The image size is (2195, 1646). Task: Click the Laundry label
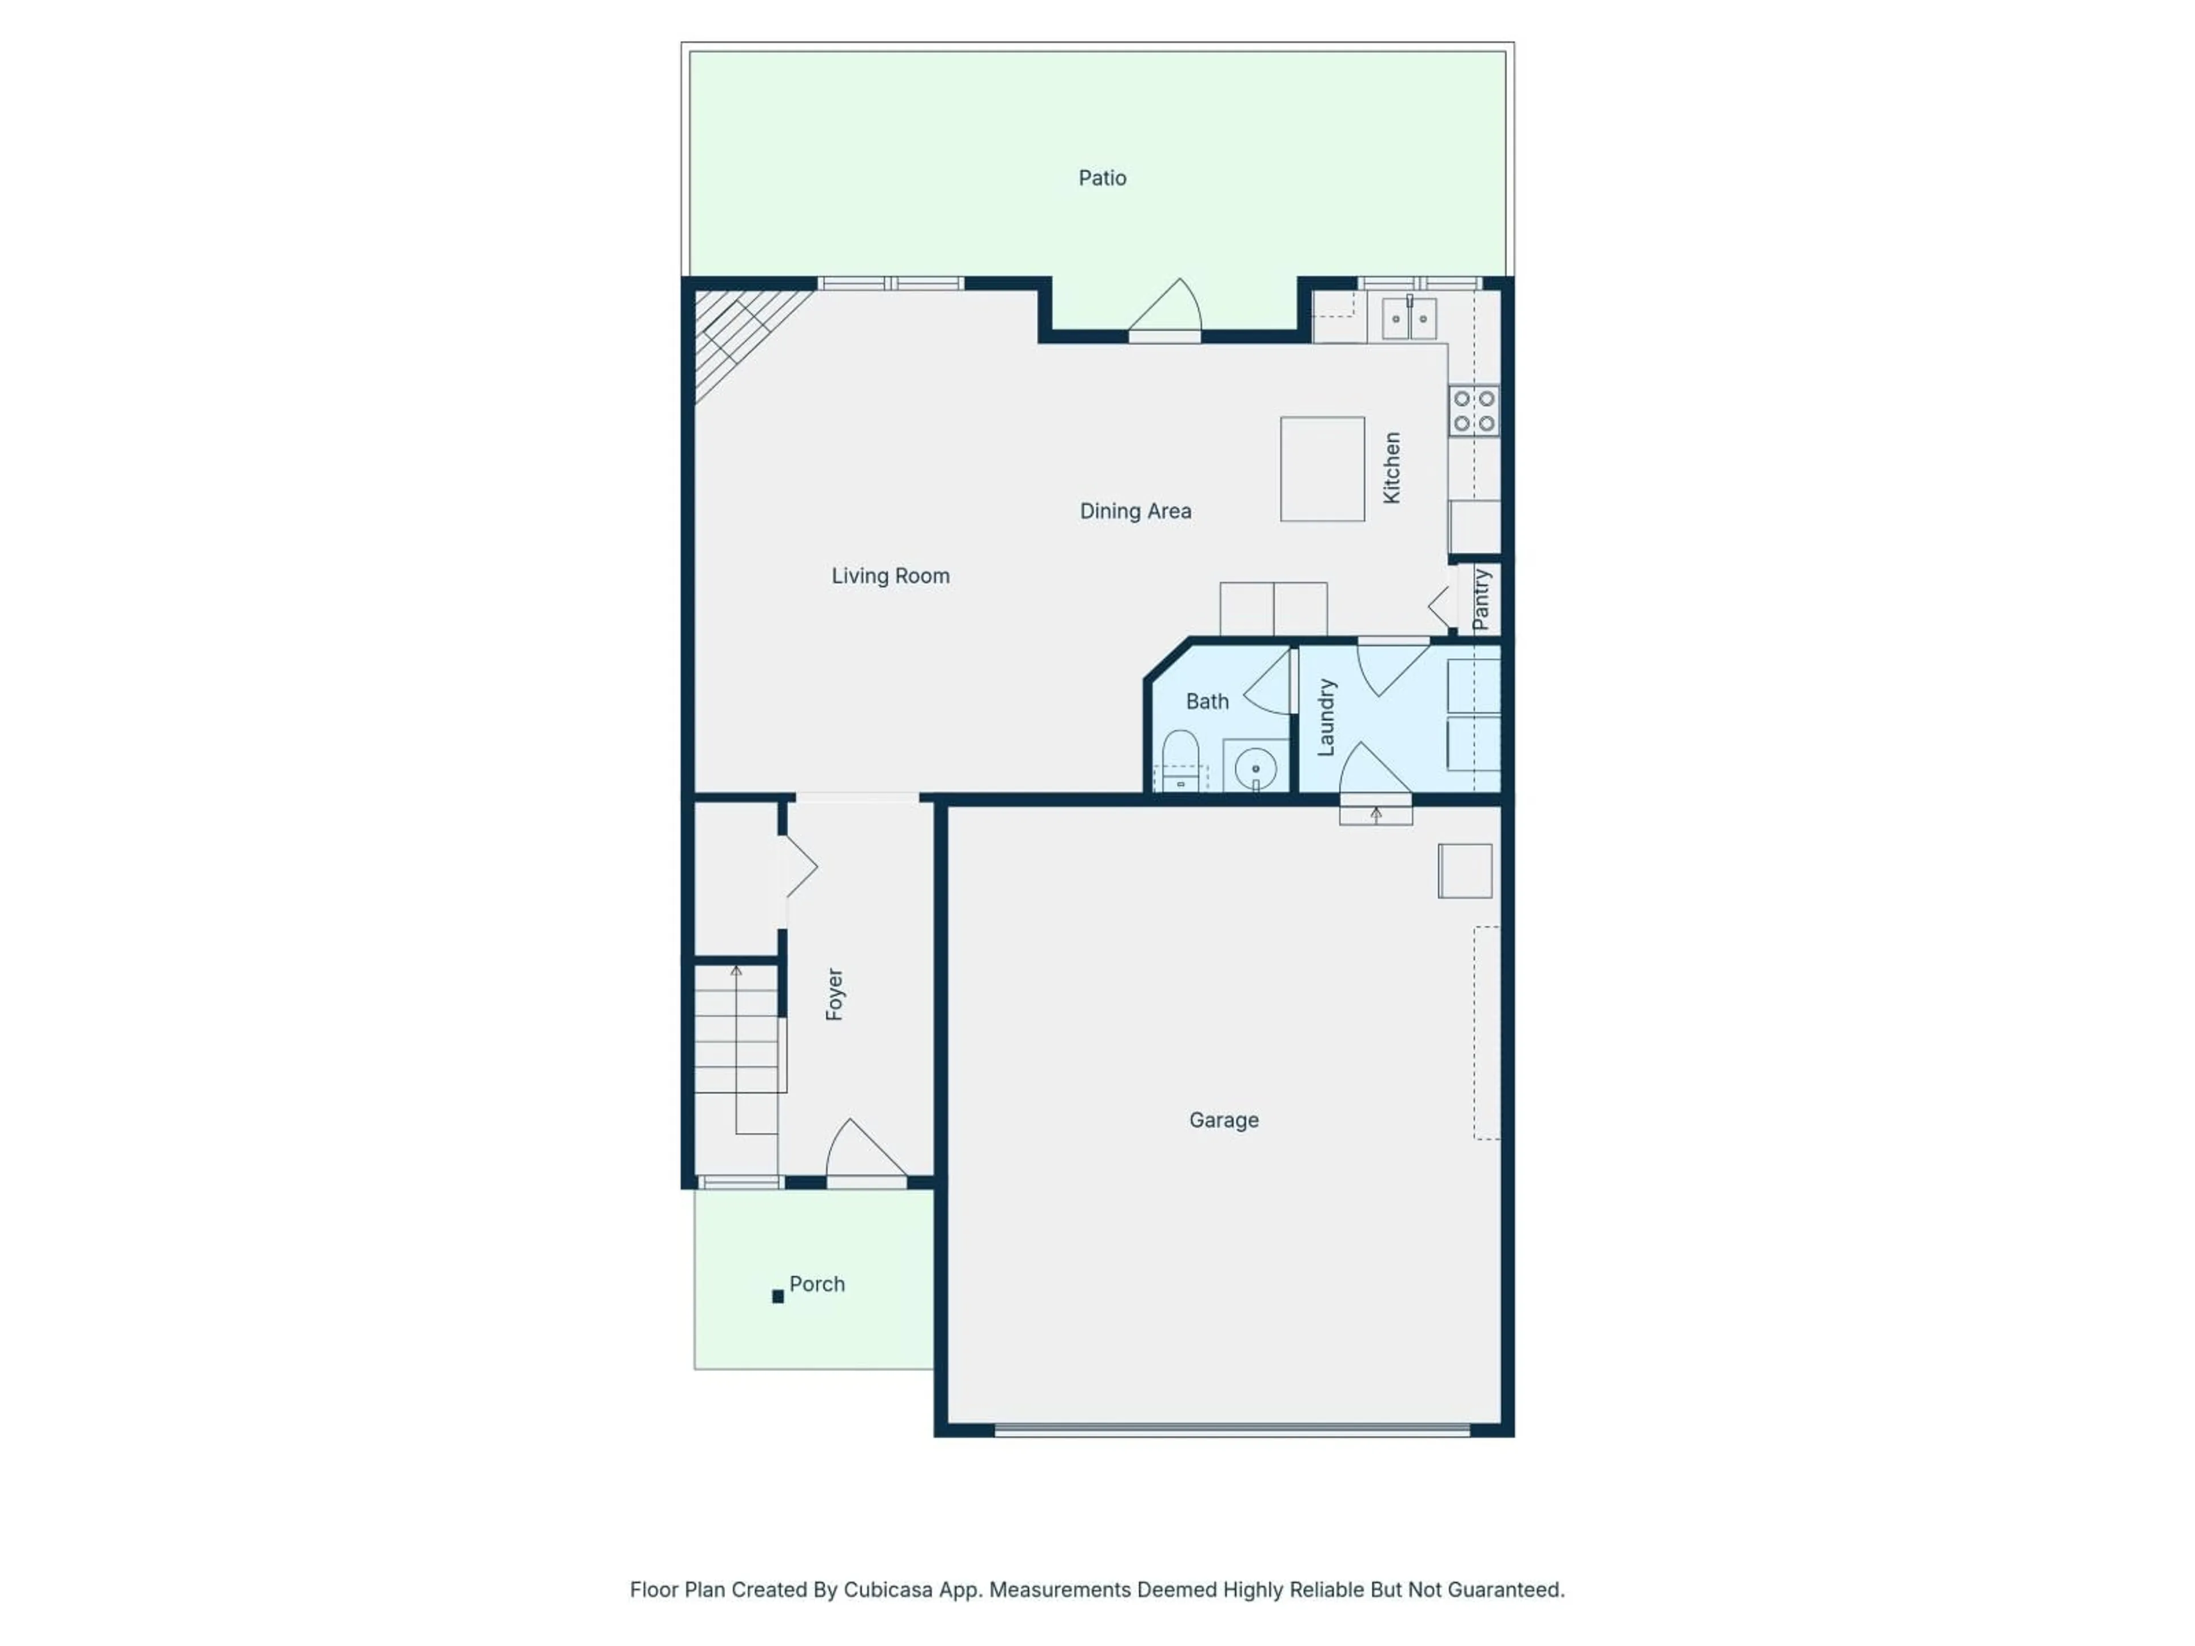coord(1326,717)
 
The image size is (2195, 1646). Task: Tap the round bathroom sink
coord(1255,768)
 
